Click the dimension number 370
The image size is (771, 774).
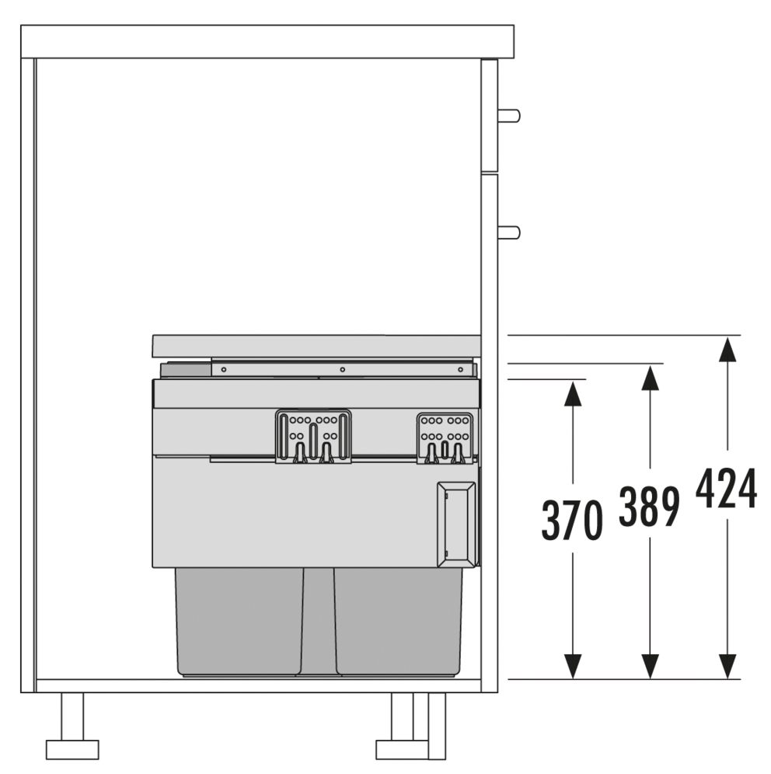coord(572,520)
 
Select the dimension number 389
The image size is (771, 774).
coord(649,506)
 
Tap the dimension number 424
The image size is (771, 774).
coord(726,488)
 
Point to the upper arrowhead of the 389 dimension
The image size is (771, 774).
coord(650,378)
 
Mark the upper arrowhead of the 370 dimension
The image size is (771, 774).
coord(572,393)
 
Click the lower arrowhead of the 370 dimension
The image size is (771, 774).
coord(572,667)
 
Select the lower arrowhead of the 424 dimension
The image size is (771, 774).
coord(727,667)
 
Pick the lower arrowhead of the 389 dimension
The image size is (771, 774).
coord(650,667)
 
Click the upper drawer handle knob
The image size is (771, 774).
coord(509,116)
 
